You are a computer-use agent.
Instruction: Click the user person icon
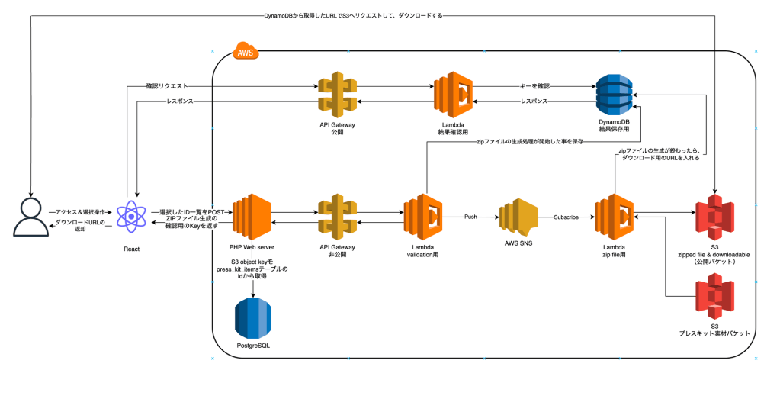click(30, 217)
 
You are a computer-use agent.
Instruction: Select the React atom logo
click(131, 217)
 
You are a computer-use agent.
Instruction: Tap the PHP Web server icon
click(252, 217)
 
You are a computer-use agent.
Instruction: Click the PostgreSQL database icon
click(254, 318)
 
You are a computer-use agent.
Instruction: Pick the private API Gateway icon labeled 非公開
click(337, 217)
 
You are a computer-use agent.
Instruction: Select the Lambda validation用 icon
click(423, 217)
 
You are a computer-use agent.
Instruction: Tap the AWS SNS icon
click(518, 217)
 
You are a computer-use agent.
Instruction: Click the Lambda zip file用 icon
click(615, 217)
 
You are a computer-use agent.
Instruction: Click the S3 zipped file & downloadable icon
click(714, 217)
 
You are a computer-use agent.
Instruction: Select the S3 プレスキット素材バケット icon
click(714, 297)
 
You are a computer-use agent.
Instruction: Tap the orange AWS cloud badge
click(246, 51)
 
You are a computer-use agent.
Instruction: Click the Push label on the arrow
click(470, 217)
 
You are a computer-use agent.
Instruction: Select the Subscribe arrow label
click(566, 217)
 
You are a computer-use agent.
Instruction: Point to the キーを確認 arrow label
click(534, 86)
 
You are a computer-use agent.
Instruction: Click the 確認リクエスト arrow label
click(167, 86)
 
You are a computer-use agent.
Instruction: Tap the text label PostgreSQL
click(254, 346)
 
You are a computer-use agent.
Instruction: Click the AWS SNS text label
click(518, 243)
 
